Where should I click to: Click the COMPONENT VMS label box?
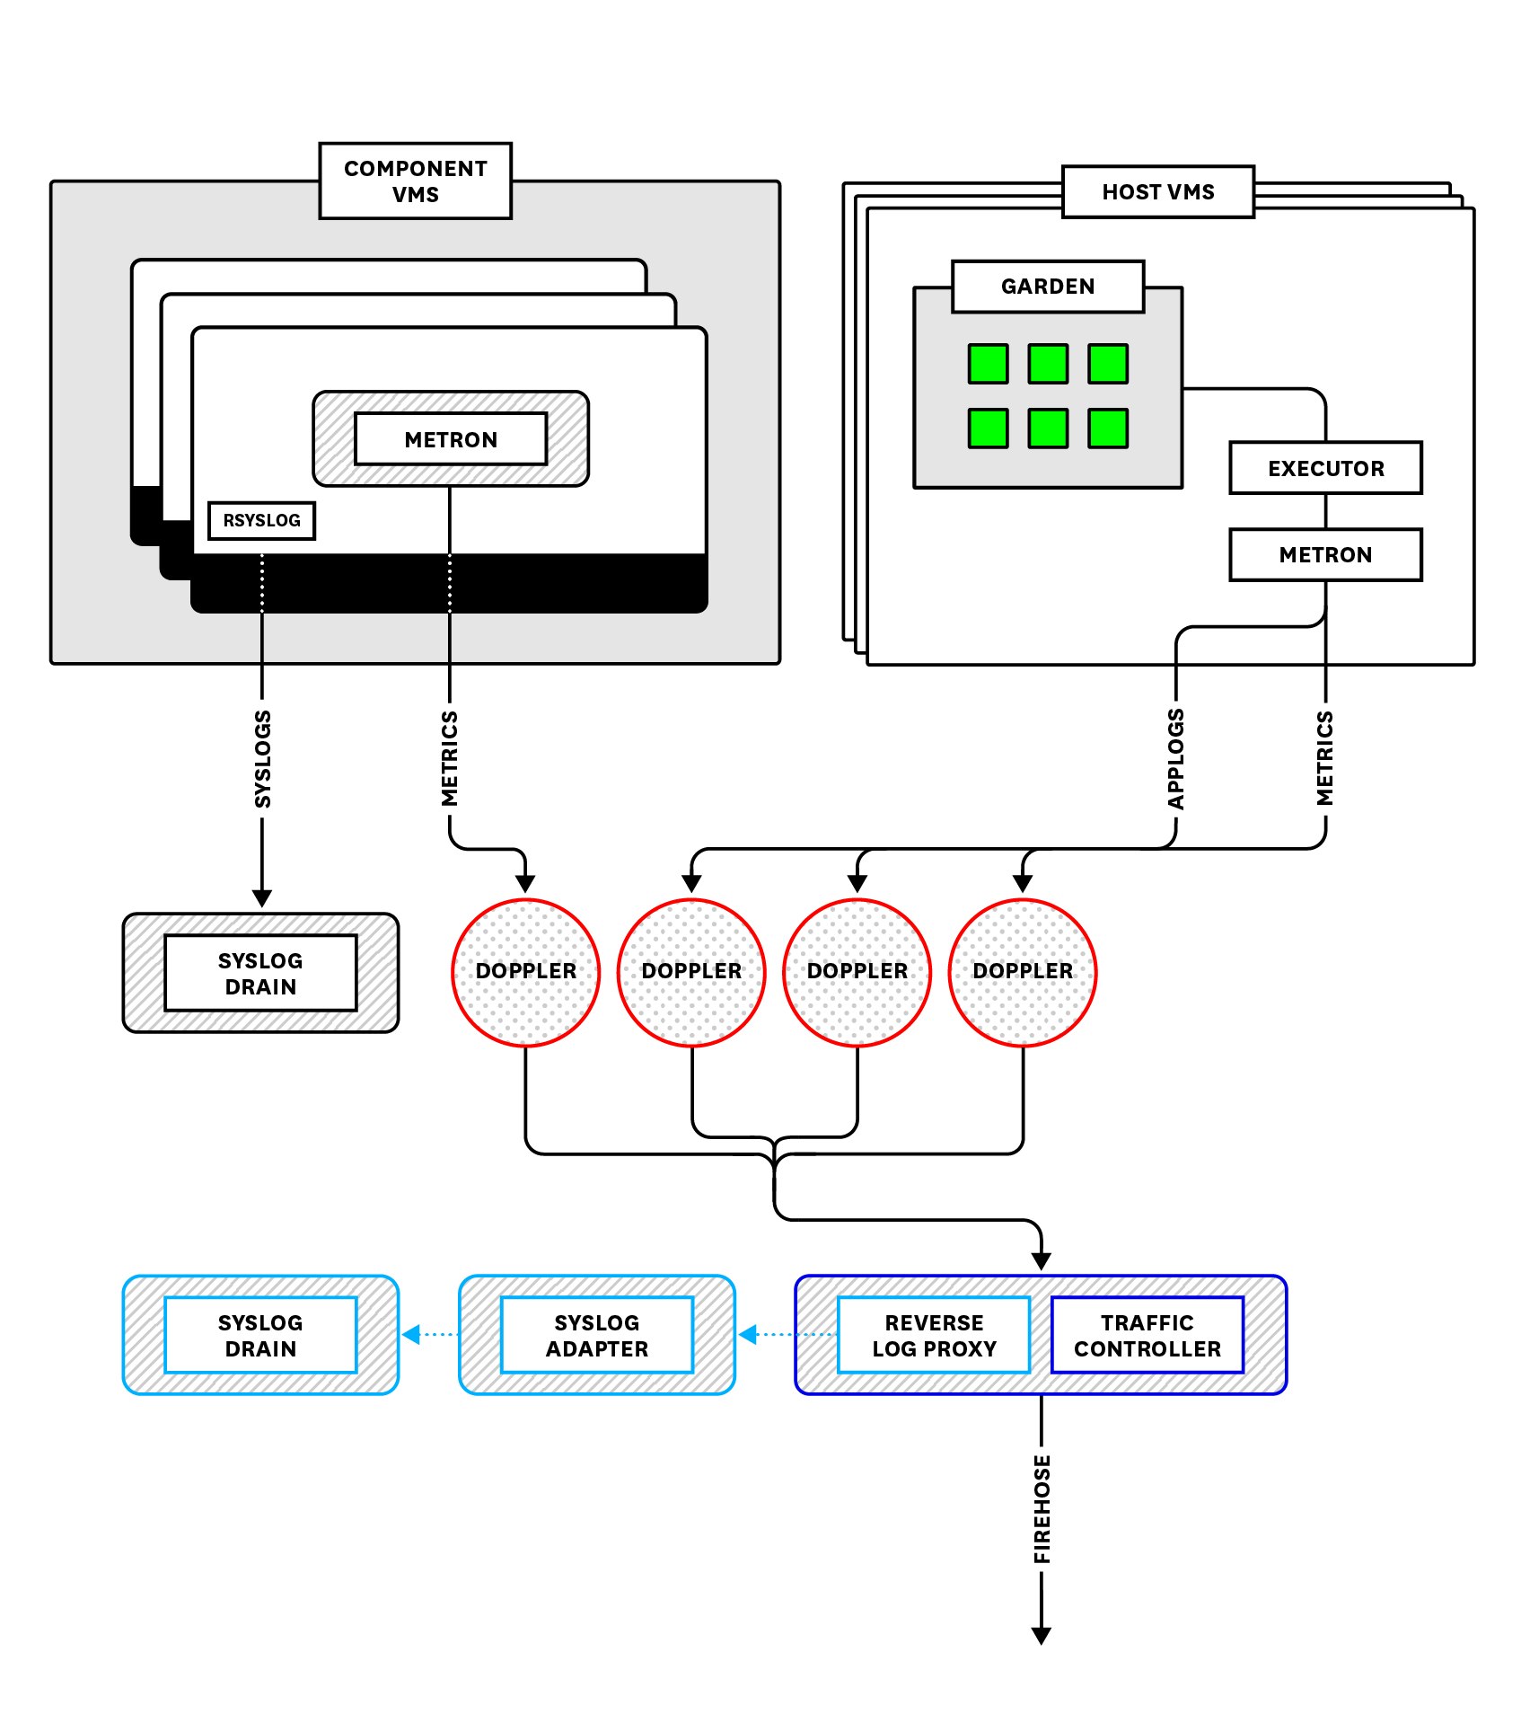415,181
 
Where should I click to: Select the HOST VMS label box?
1157,191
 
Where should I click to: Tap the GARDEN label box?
1047,287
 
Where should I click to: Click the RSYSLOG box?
261,520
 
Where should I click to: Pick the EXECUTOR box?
1325,468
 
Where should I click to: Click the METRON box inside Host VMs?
1325,554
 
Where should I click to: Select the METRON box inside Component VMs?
450,439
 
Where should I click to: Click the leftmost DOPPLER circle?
525,972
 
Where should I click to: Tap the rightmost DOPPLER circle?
1022,972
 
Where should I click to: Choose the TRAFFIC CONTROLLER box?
1147,1335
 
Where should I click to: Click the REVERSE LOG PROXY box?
933,1335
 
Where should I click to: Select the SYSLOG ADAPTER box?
596,1335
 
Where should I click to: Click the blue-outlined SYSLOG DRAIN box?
260,1335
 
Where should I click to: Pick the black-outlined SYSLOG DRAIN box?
260,973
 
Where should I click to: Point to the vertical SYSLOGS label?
262,759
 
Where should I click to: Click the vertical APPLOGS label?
1175,759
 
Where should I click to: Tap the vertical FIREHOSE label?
1042,1509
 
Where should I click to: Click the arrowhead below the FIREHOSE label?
1042,1635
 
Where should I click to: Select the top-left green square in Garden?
988,364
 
